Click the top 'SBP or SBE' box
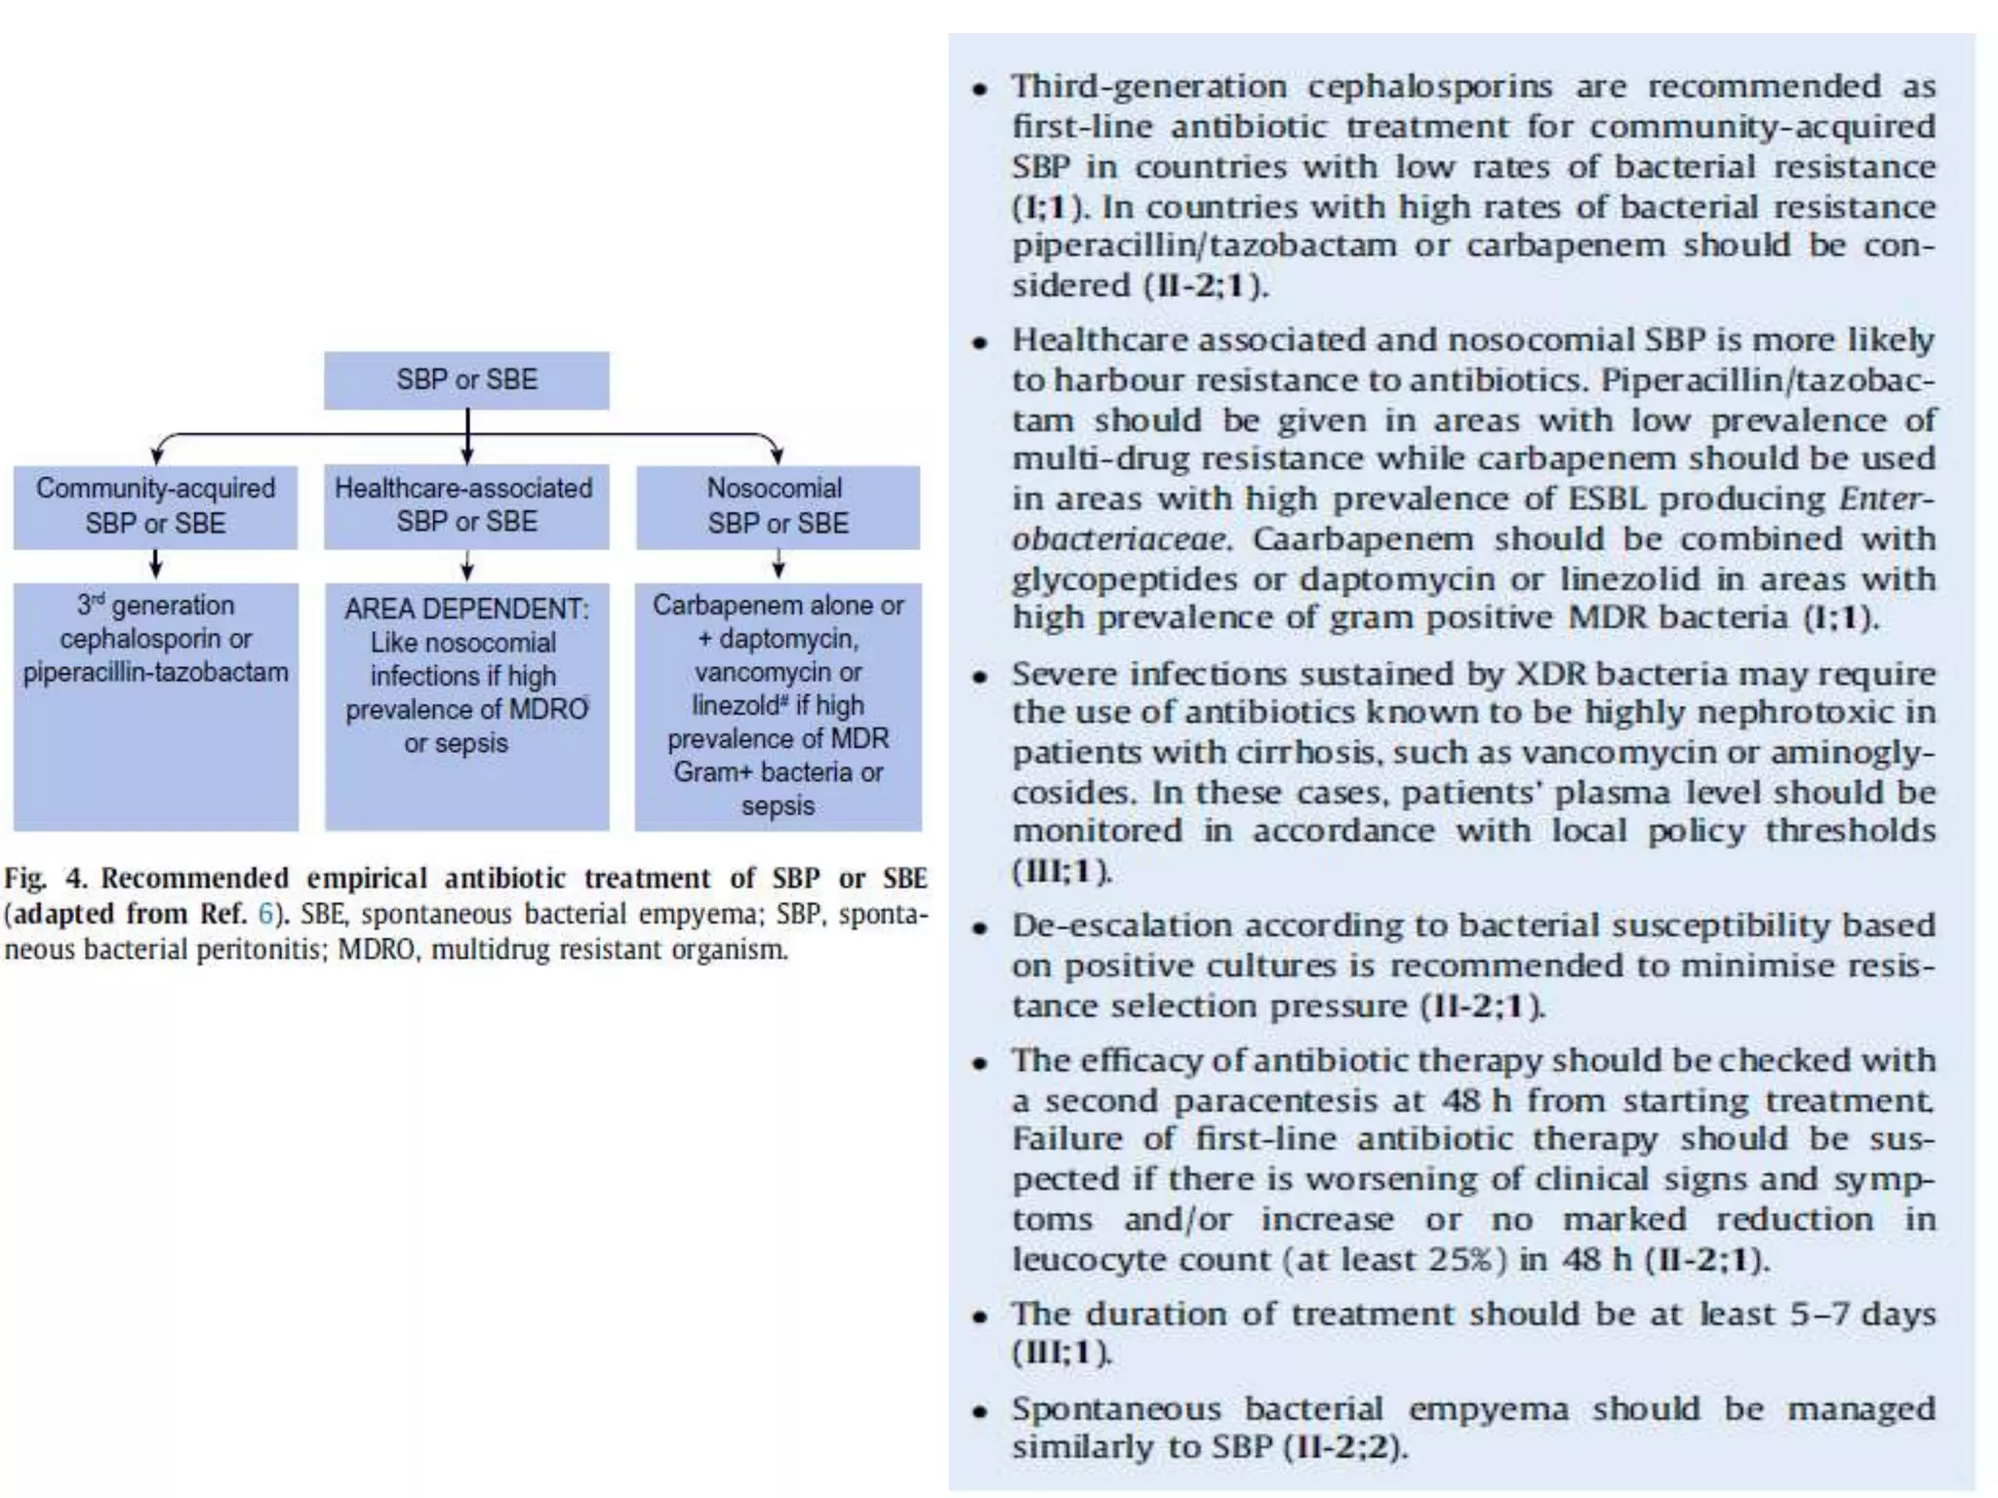coord(466,380)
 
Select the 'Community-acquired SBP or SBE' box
coord(155,506)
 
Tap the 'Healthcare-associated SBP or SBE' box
coord(466,506)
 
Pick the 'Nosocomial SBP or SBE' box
coord(778,506)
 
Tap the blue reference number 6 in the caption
coord(265,914)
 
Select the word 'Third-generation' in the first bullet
coord(1148,87)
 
